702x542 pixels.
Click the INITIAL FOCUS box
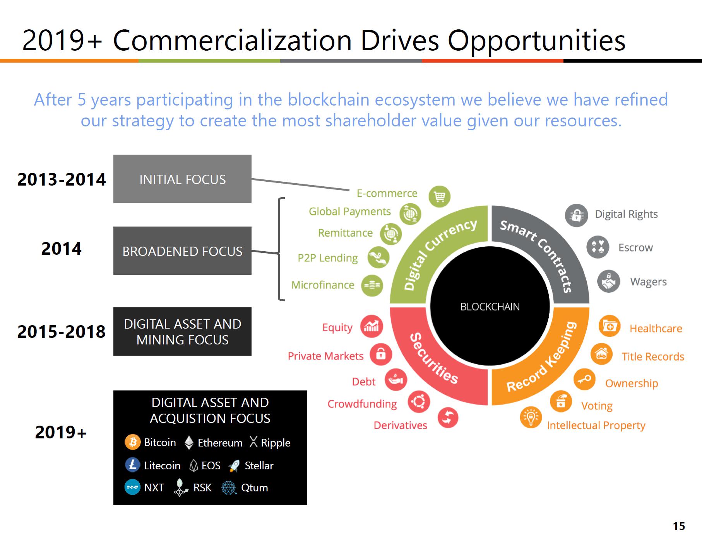(182, 179)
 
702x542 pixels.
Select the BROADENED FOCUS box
(182, 251)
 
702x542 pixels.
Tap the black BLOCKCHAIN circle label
(490, 307)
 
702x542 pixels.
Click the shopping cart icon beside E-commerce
(440, 196)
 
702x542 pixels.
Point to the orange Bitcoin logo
(132, 442)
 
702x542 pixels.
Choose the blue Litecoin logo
(132, 465)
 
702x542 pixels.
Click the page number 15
(679, 526)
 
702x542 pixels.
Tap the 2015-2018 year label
(61, 332)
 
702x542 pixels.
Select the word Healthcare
(656, 329)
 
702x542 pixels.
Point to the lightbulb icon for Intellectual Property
(531, 418)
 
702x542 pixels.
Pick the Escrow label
(635, 247)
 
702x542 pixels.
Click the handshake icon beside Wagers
(608, 281)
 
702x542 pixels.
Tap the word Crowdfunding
(362, 404)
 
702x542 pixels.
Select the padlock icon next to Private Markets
(381, 355)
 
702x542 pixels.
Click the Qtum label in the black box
(254, 488)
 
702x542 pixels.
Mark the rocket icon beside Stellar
(234, 466)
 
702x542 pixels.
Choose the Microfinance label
(323, 285)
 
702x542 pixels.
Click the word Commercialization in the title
(232, 40)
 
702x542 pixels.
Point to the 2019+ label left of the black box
(61, 432)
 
